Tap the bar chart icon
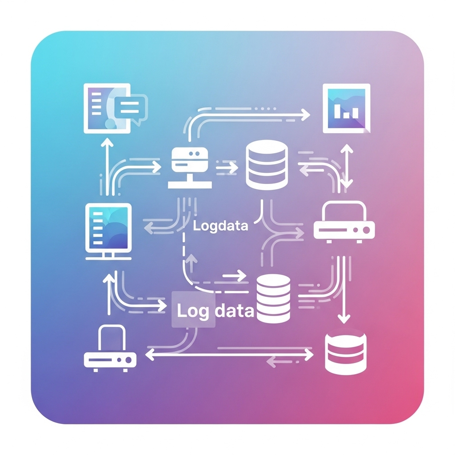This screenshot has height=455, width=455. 347,108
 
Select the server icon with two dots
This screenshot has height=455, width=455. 190,168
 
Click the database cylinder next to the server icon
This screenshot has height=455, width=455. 267,164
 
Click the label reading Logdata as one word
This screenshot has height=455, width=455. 220,226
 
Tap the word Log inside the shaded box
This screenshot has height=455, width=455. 193,311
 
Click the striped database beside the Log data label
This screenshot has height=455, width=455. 273,299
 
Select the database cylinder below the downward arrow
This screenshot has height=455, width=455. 346,351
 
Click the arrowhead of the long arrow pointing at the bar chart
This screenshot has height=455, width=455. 306,115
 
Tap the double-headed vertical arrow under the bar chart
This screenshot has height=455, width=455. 347,166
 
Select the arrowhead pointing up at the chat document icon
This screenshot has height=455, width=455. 108,143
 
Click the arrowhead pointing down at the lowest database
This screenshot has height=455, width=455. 344,319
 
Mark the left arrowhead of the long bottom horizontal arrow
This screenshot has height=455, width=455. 149,355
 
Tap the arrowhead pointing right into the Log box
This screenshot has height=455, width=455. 162,305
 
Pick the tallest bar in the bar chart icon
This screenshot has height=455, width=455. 337,111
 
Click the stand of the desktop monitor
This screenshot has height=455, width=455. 108,256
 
